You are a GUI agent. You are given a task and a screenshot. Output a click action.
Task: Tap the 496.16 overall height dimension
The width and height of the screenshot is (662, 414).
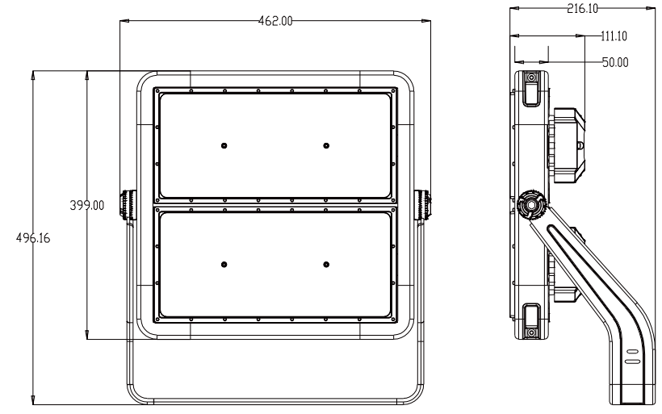pyautogui.click(x=31, y=239)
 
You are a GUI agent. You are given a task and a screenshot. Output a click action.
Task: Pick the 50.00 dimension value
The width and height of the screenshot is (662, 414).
pyautogui.click(x=615, y=61)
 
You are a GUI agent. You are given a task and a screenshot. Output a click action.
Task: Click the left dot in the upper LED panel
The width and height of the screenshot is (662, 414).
pyautogui.click(x=224, y=145)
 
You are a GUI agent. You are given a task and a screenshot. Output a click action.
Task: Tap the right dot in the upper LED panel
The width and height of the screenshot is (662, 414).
pyautogui.click(x=326, y=145)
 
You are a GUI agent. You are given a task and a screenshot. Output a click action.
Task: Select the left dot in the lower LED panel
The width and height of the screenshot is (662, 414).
pyautogui.click(x=224, y=265)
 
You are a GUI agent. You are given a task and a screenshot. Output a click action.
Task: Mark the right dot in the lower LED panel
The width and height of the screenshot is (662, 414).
pyautogui.click(x=326, y=265)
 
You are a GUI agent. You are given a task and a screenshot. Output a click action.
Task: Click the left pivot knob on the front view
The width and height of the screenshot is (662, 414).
pyautogui.click(x=128, y=204)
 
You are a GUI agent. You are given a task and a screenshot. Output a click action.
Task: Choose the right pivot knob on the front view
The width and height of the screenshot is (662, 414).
pyautogui.click(x=423, y=204)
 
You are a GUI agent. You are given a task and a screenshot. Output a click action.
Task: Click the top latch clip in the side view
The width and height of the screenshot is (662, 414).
pyautogui.click(x=531, y=87)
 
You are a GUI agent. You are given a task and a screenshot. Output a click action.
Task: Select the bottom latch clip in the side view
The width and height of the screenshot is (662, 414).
pyautogui.click(x=531, y=322)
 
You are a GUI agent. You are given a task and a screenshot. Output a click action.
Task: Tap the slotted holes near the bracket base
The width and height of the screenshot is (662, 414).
pyautogui.click(x=631, y=358)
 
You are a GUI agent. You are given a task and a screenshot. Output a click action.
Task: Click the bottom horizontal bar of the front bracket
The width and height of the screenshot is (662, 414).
pyautogui.click(x=275, y=399)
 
